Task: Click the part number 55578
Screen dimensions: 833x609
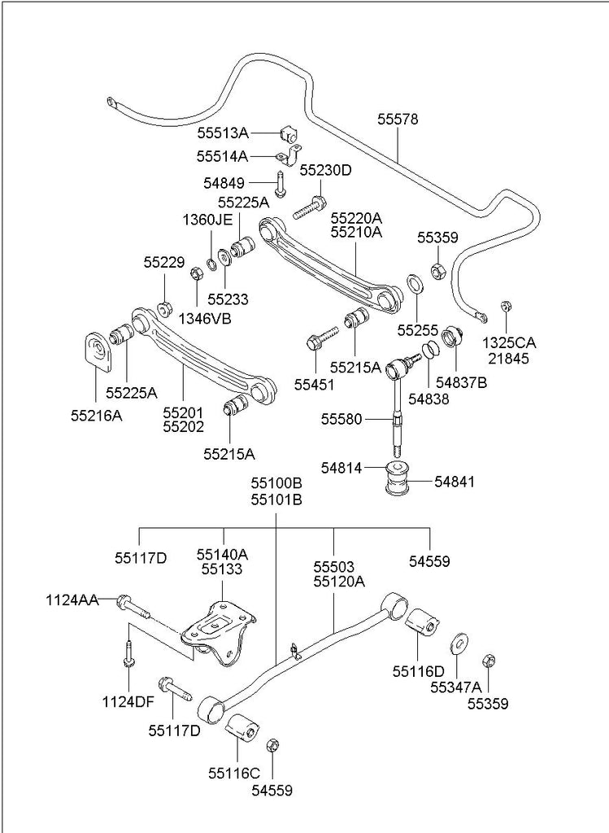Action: pyautogui.click(x=398, y=120)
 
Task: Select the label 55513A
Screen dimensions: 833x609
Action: pyautogui.click(x=222, y=132)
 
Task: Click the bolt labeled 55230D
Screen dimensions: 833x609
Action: pyautogui.click(x=310, y=207)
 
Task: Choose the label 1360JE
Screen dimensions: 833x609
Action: pyautogui.click(x=207, y=220)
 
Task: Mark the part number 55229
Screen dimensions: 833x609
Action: pyautogui.click(x=164, y=263)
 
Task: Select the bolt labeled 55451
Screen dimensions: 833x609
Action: pyautogui.click(x=322, y=336)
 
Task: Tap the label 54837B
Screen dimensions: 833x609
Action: pyautogui.click(x=461, y=381)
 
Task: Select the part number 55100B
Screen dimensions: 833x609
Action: pyautogui.click(x=276, y=482)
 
